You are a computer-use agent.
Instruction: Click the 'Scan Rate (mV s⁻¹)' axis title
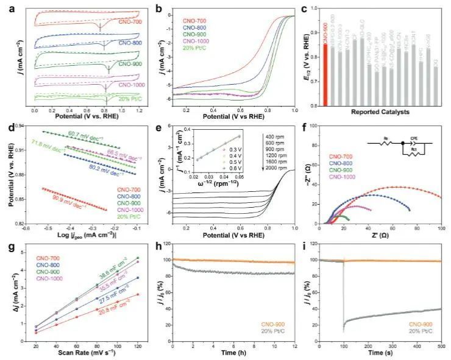pos(77,353)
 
